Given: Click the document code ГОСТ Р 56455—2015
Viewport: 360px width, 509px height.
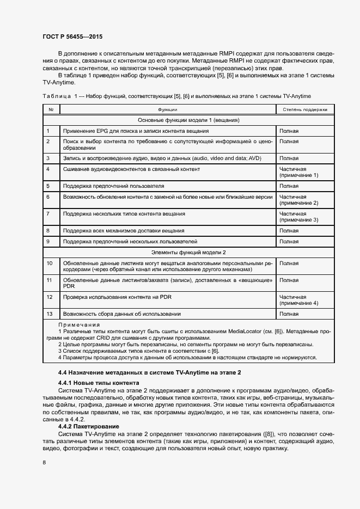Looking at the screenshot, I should click(72, 37).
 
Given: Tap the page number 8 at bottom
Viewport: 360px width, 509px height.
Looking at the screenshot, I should click(45, 462).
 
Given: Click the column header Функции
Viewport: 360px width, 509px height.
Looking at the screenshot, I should click(167, 109).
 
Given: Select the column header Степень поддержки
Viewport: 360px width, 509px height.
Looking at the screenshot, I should click(305, 109).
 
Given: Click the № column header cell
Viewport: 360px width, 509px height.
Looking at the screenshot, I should click(51, 109).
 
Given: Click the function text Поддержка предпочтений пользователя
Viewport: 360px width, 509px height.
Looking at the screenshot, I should click(113, 186).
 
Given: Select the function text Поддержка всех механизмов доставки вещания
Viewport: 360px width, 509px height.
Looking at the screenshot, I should click(123, 231).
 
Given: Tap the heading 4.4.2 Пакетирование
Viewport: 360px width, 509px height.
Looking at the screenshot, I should click(90, 426).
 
